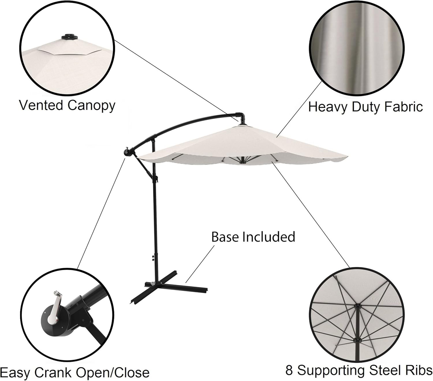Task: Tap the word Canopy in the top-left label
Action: (x=91, y=106)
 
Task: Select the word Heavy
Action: (x=327, y=107)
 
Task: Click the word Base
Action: (x=225, y=237)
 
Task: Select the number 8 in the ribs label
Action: (x=289, y=370)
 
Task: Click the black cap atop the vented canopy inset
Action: (x=68, y=37)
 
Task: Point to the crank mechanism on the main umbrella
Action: (x=127, y=151)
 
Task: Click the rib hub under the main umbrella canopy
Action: (x=242, y=163)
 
